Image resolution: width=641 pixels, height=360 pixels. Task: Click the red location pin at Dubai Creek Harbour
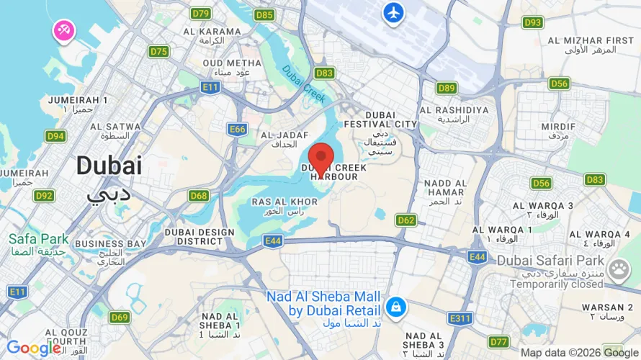click(320, 158)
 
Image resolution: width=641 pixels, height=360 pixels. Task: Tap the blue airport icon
click(393, 12)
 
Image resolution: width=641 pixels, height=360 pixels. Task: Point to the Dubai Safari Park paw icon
click(618, 270)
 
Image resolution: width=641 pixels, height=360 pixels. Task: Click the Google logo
click(34, 348)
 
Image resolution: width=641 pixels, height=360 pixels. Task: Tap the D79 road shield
click(200, 14)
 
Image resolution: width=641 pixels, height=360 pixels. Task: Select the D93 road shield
click(532, 22)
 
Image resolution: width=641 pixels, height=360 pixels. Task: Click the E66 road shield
click(237, 129)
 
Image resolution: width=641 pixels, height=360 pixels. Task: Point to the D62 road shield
click(406, 220)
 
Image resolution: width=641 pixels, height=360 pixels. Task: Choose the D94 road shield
click(55, 135)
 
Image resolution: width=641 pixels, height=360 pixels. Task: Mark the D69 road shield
click(120, 317)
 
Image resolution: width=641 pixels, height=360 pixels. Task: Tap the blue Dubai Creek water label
click(304, 84)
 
